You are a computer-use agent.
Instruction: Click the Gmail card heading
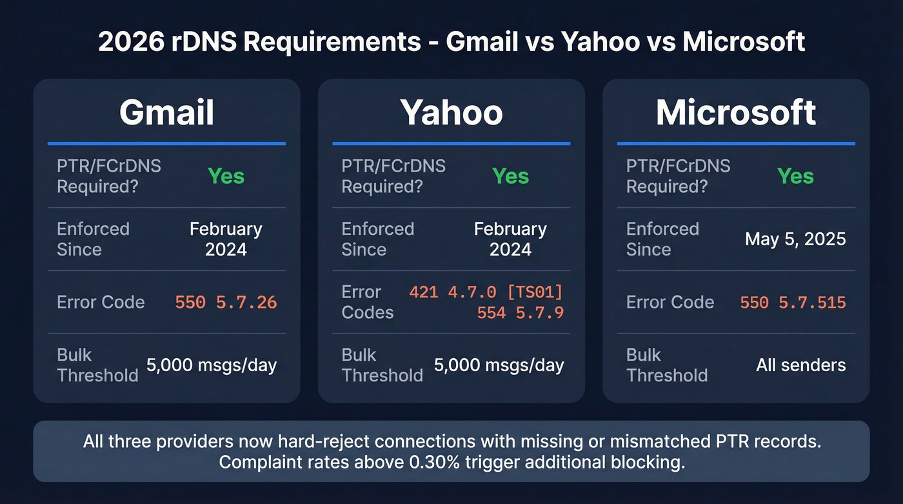coord(166,112)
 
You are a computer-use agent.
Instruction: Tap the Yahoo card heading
coord(451,112)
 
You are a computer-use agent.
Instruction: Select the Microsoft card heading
coord(735,112)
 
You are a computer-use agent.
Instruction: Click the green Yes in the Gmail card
coord(226,176)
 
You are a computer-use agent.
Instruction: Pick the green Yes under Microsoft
coord(795,176)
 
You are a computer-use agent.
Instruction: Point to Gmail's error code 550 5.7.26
coord(226,302)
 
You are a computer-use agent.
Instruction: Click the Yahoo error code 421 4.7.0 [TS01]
coord(486,292)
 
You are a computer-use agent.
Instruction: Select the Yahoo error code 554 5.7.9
coord(520,313)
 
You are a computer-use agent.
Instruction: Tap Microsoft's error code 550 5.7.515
coord(793,302)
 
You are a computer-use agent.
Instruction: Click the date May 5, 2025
coord(795,239)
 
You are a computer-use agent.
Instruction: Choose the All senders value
coord(800,365)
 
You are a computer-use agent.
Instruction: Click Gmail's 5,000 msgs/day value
coord(212,365)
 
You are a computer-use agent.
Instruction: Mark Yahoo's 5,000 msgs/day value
coord(499,365)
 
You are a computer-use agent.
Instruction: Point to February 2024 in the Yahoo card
coord(510,239)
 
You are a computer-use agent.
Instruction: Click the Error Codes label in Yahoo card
coord(367,302)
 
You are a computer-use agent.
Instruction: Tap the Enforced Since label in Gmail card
coord(93,239)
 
